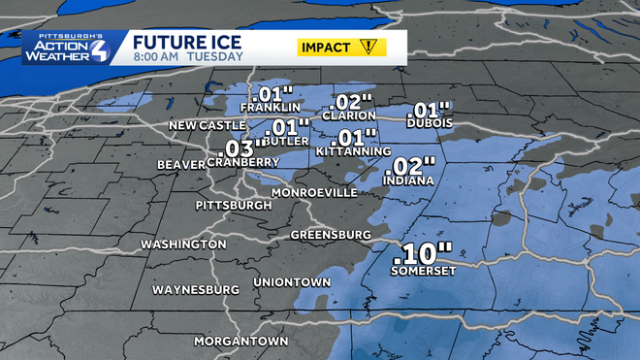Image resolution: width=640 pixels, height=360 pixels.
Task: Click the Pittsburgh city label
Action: pos(234,206)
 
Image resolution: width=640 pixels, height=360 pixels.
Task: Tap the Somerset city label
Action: pos(421,272)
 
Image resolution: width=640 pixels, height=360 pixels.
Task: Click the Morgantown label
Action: pos(241,342)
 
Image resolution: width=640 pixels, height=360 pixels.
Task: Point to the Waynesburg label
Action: pos(195,290)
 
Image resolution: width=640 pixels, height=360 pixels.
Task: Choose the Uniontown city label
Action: pos(292,281)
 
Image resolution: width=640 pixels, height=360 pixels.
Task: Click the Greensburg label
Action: pos(332,236)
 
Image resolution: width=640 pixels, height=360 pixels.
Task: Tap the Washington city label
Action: pos(183,245)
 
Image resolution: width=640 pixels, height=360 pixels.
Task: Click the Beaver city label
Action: pos(181,165)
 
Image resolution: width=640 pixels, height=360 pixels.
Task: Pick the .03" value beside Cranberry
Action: pos(240,147)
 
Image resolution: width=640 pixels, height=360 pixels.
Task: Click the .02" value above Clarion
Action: pos(350,103)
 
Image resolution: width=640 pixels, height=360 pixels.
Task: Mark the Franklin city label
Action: pos(271,108)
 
